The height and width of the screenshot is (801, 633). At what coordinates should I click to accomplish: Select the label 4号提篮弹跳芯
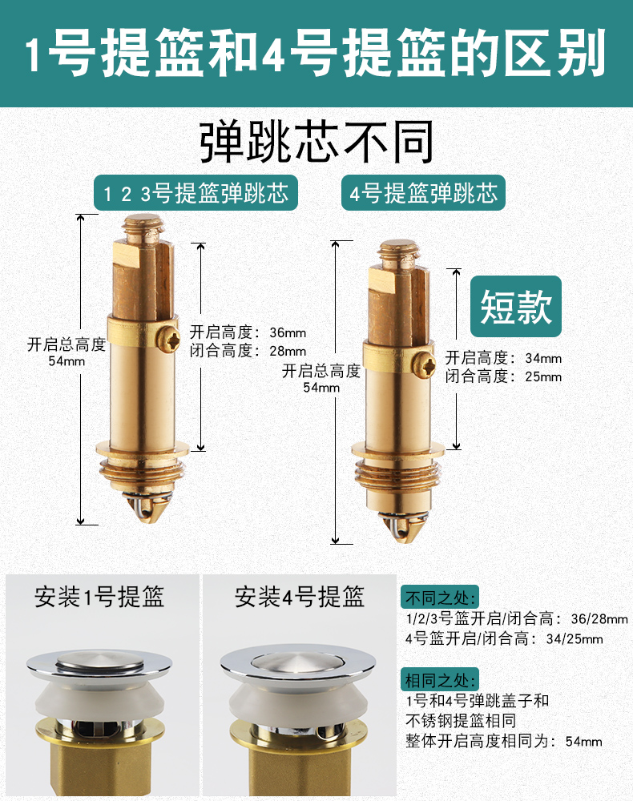[x=424, y=194]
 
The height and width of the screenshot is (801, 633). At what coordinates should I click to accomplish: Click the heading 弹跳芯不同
[x=316, y=143]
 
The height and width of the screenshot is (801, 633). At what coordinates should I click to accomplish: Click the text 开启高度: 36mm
[x=248, y=332]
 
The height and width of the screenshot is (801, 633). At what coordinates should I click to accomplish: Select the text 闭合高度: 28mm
[x=248, y=351]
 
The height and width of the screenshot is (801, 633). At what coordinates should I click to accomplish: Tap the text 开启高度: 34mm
[x=503, y=358]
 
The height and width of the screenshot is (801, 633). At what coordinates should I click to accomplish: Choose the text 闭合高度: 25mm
[x=503, y=376]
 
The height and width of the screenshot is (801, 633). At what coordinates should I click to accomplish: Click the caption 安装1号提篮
[x=99, y=597]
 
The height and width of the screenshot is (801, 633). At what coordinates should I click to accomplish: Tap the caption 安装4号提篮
[x=300, y=597]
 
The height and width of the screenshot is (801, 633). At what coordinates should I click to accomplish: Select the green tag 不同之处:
[x=440, y=598]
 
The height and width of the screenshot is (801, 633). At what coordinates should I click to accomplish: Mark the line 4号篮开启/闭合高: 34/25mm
[x=504, y=639]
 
